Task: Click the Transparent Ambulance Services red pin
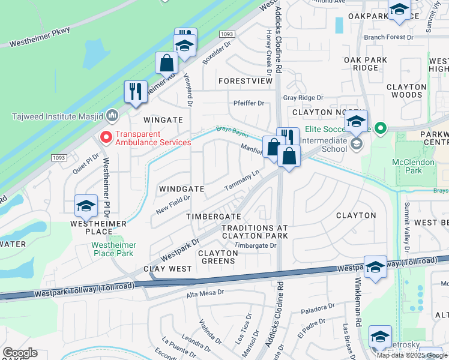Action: click(106, 138)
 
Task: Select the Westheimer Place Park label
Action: click(113, 250)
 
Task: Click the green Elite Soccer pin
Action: click(379, 128)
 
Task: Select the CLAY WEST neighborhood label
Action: click(167, 269)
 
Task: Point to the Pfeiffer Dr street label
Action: click(249, 103)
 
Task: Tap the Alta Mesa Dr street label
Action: click(205, 293)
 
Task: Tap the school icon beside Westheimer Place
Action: click(86, 206)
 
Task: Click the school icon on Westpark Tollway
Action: click(376, 266)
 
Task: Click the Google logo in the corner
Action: click(20, 353)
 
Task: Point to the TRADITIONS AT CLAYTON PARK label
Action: click(255, 232)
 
